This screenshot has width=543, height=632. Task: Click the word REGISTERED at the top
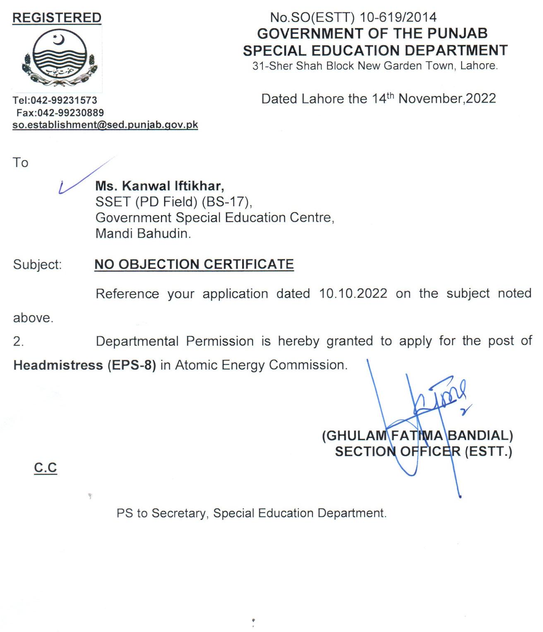coord(57,18)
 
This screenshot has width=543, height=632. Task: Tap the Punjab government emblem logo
coord(60,58)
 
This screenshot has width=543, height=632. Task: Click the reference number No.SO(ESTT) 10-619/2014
coord(353,17)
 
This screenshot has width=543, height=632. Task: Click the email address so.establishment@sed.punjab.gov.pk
coord(105,125)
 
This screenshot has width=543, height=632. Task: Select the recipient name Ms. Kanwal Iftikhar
coord(160,186)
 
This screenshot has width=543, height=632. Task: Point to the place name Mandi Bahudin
coord(143,234)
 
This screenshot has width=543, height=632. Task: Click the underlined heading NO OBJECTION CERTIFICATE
coord(194,264)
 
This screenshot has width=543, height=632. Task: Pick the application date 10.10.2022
coord(353,293)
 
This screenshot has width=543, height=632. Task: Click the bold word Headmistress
coord(58,365)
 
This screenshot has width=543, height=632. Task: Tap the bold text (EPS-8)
coord(132,365)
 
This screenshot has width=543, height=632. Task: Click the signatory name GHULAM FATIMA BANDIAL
coord(418,436)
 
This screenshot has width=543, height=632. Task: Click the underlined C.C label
coord(46,468)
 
